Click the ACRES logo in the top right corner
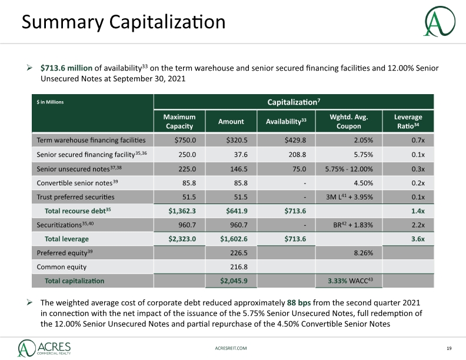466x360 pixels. (440, 21)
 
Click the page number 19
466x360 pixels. (449, 348)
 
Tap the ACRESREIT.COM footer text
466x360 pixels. (231, 348)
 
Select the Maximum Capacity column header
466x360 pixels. (179, 122)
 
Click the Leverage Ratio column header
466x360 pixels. (408, 122)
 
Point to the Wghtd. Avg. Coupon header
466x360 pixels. (348, 122)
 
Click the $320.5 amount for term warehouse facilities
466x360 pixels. (237, 140)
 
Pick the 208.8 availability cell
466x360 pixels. (297, 155)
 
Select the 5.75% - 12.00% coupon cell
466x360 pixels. (349, 169)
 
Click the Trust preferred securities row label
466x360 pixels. (75, 197)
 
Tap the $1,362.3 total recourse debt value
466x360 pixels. (182, 211)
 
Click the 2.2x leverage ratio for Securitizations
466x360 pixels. (418, 225)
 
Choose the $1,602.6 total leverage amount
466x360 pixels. (234, 239)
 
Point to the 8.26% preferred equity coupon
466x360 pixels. (364, 253)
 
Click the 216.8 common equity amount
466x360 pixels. (239, 266)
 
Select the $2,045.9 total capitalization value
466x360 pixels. (234, 281)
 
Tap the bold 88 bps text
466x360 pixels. (299, 303)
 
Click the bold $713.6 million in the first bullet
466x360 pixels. (66, 68)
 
